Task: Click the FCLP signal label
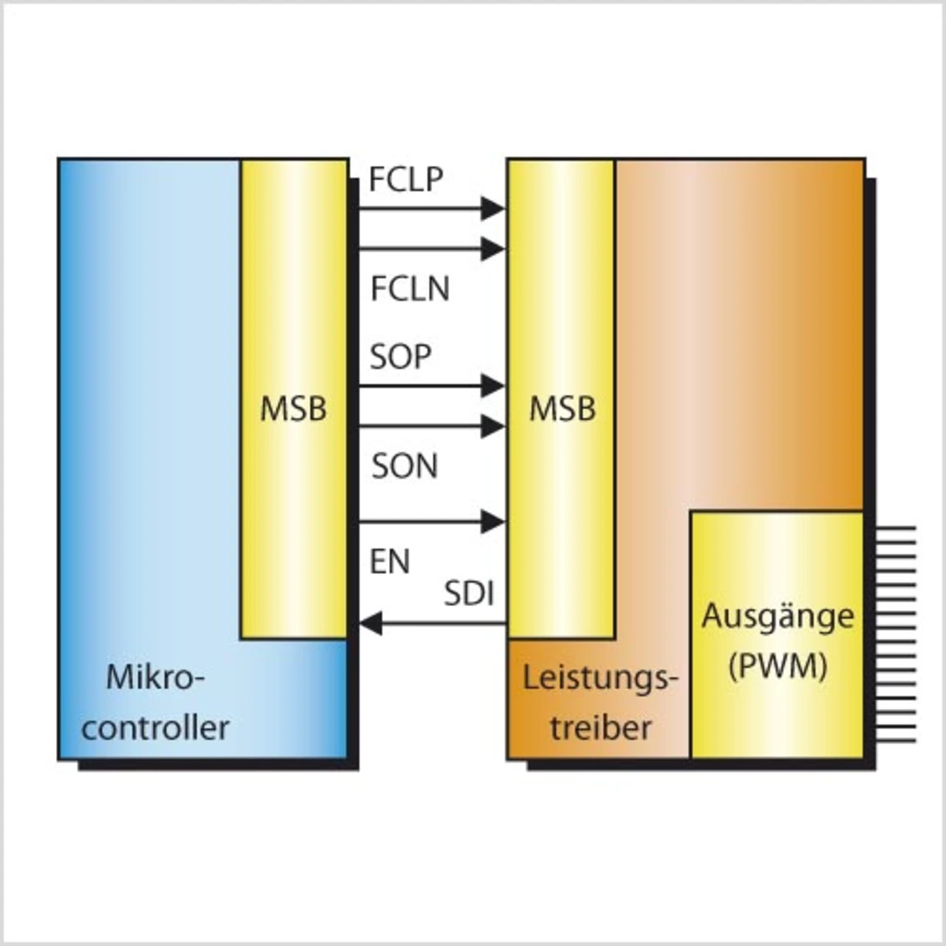(406, 180)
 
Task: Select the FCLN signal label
(410, 288)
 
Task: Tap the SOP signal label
(401, 357)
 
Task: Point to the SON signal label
(404, 466)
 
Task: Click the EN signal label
(389, 562)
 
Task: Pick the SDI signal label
(469, 594)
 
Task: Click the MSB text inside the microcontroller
(293, 409)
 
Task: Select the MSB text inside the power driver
(562, 409)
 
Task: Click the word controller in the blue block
(155, 728)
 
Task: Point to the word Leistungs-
(600, 678)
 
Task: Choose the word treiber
(601, 728)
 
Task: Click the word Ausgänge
(777, 616)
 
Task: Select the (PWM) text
(777, 667)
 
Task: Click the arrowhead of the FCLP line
(492, 208)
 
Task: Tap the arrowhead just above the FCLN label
(492, 249)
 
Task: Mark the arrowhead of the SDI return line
(371, 625)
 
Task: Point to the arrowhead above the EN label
(492, 522)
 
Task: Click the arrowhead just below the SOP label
(492, 385)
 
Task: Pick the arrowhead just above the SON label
(492, 426)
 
